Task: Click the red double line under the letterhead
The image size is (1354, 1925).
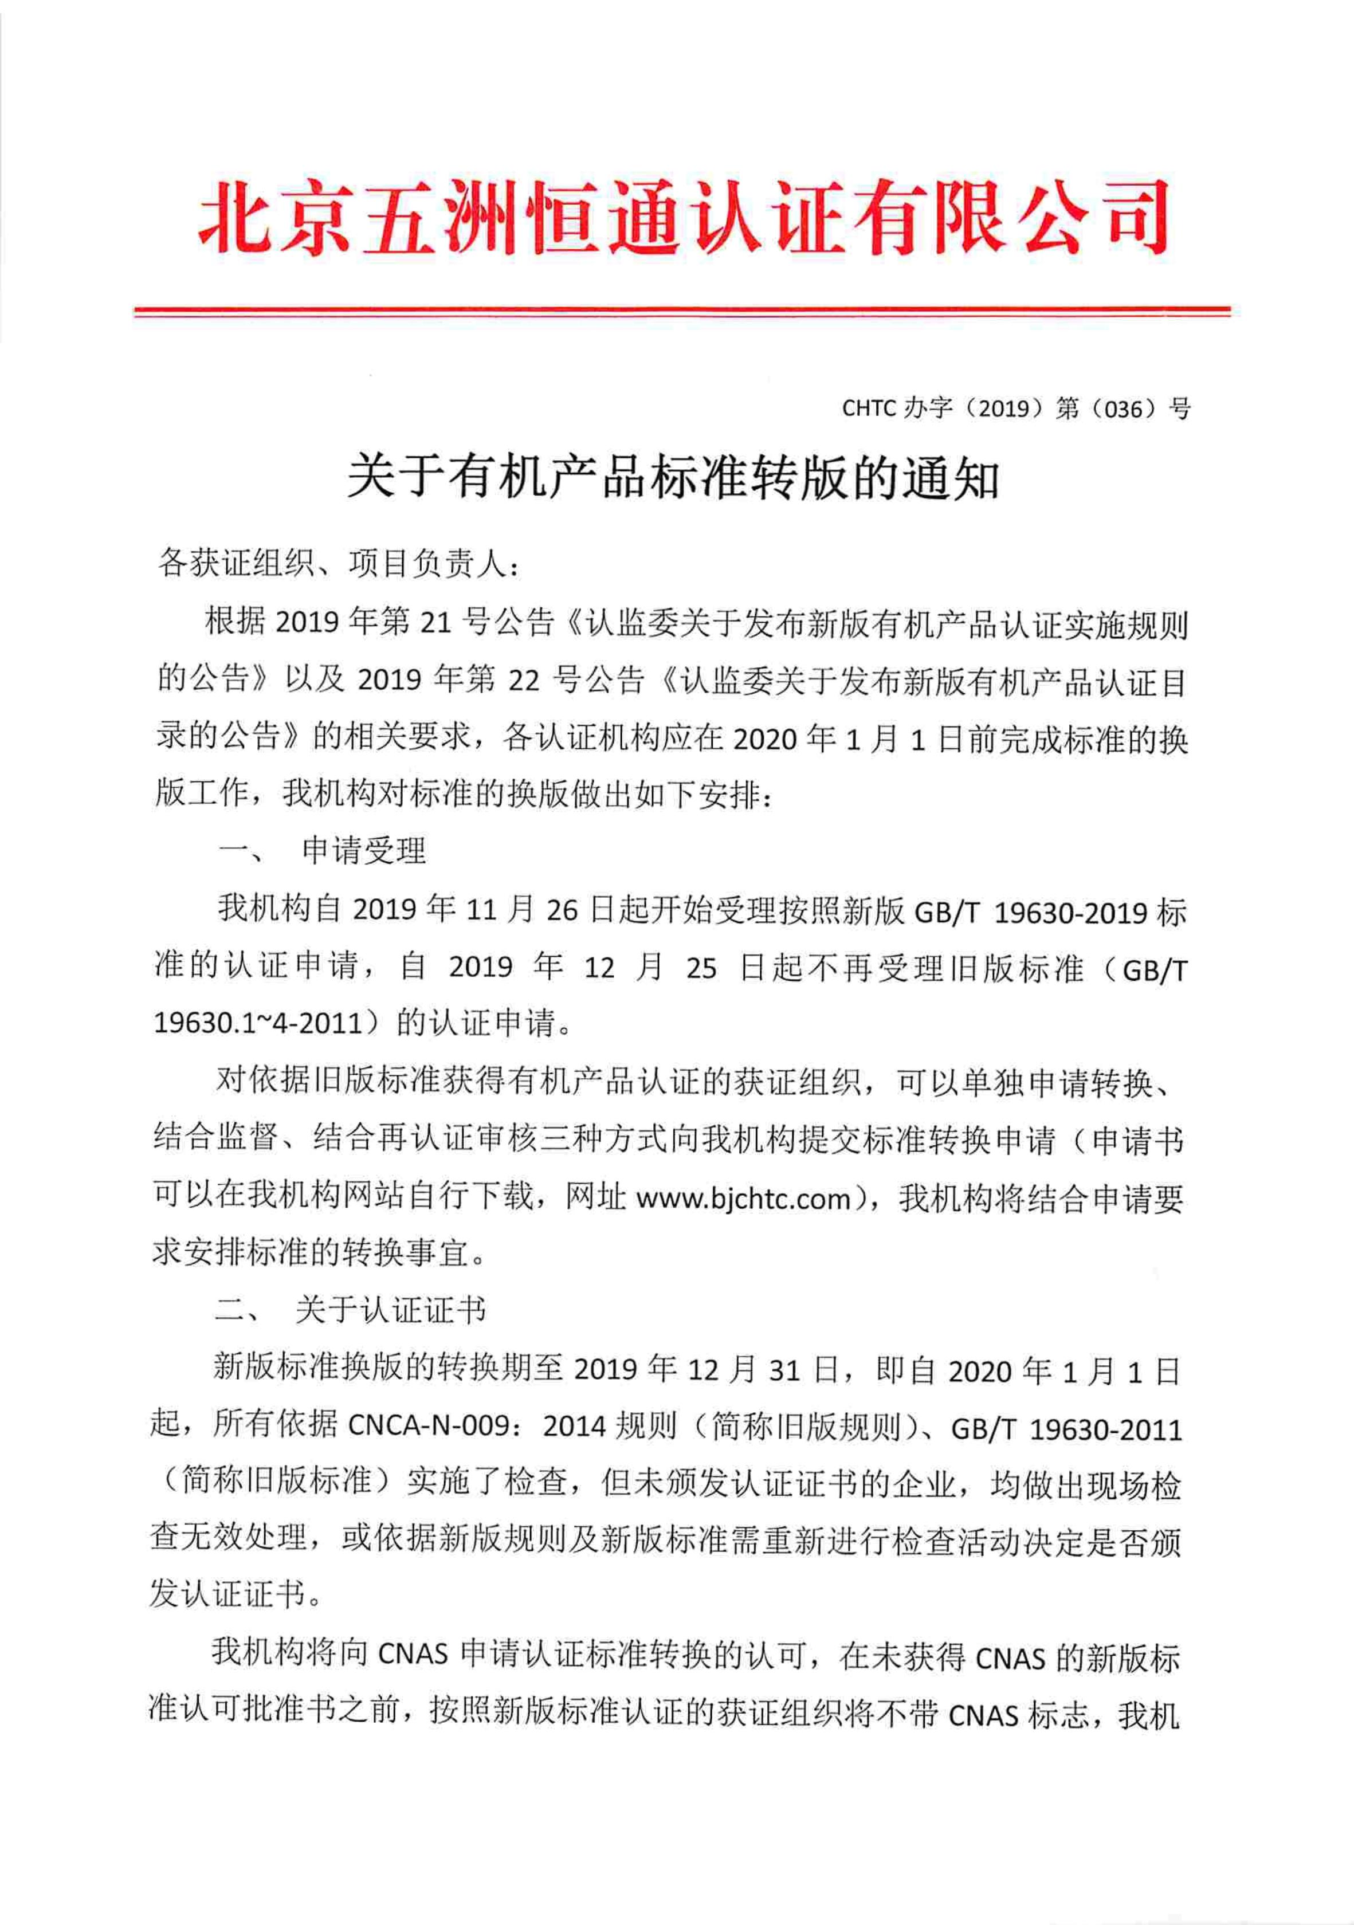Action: pos(682,312)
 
